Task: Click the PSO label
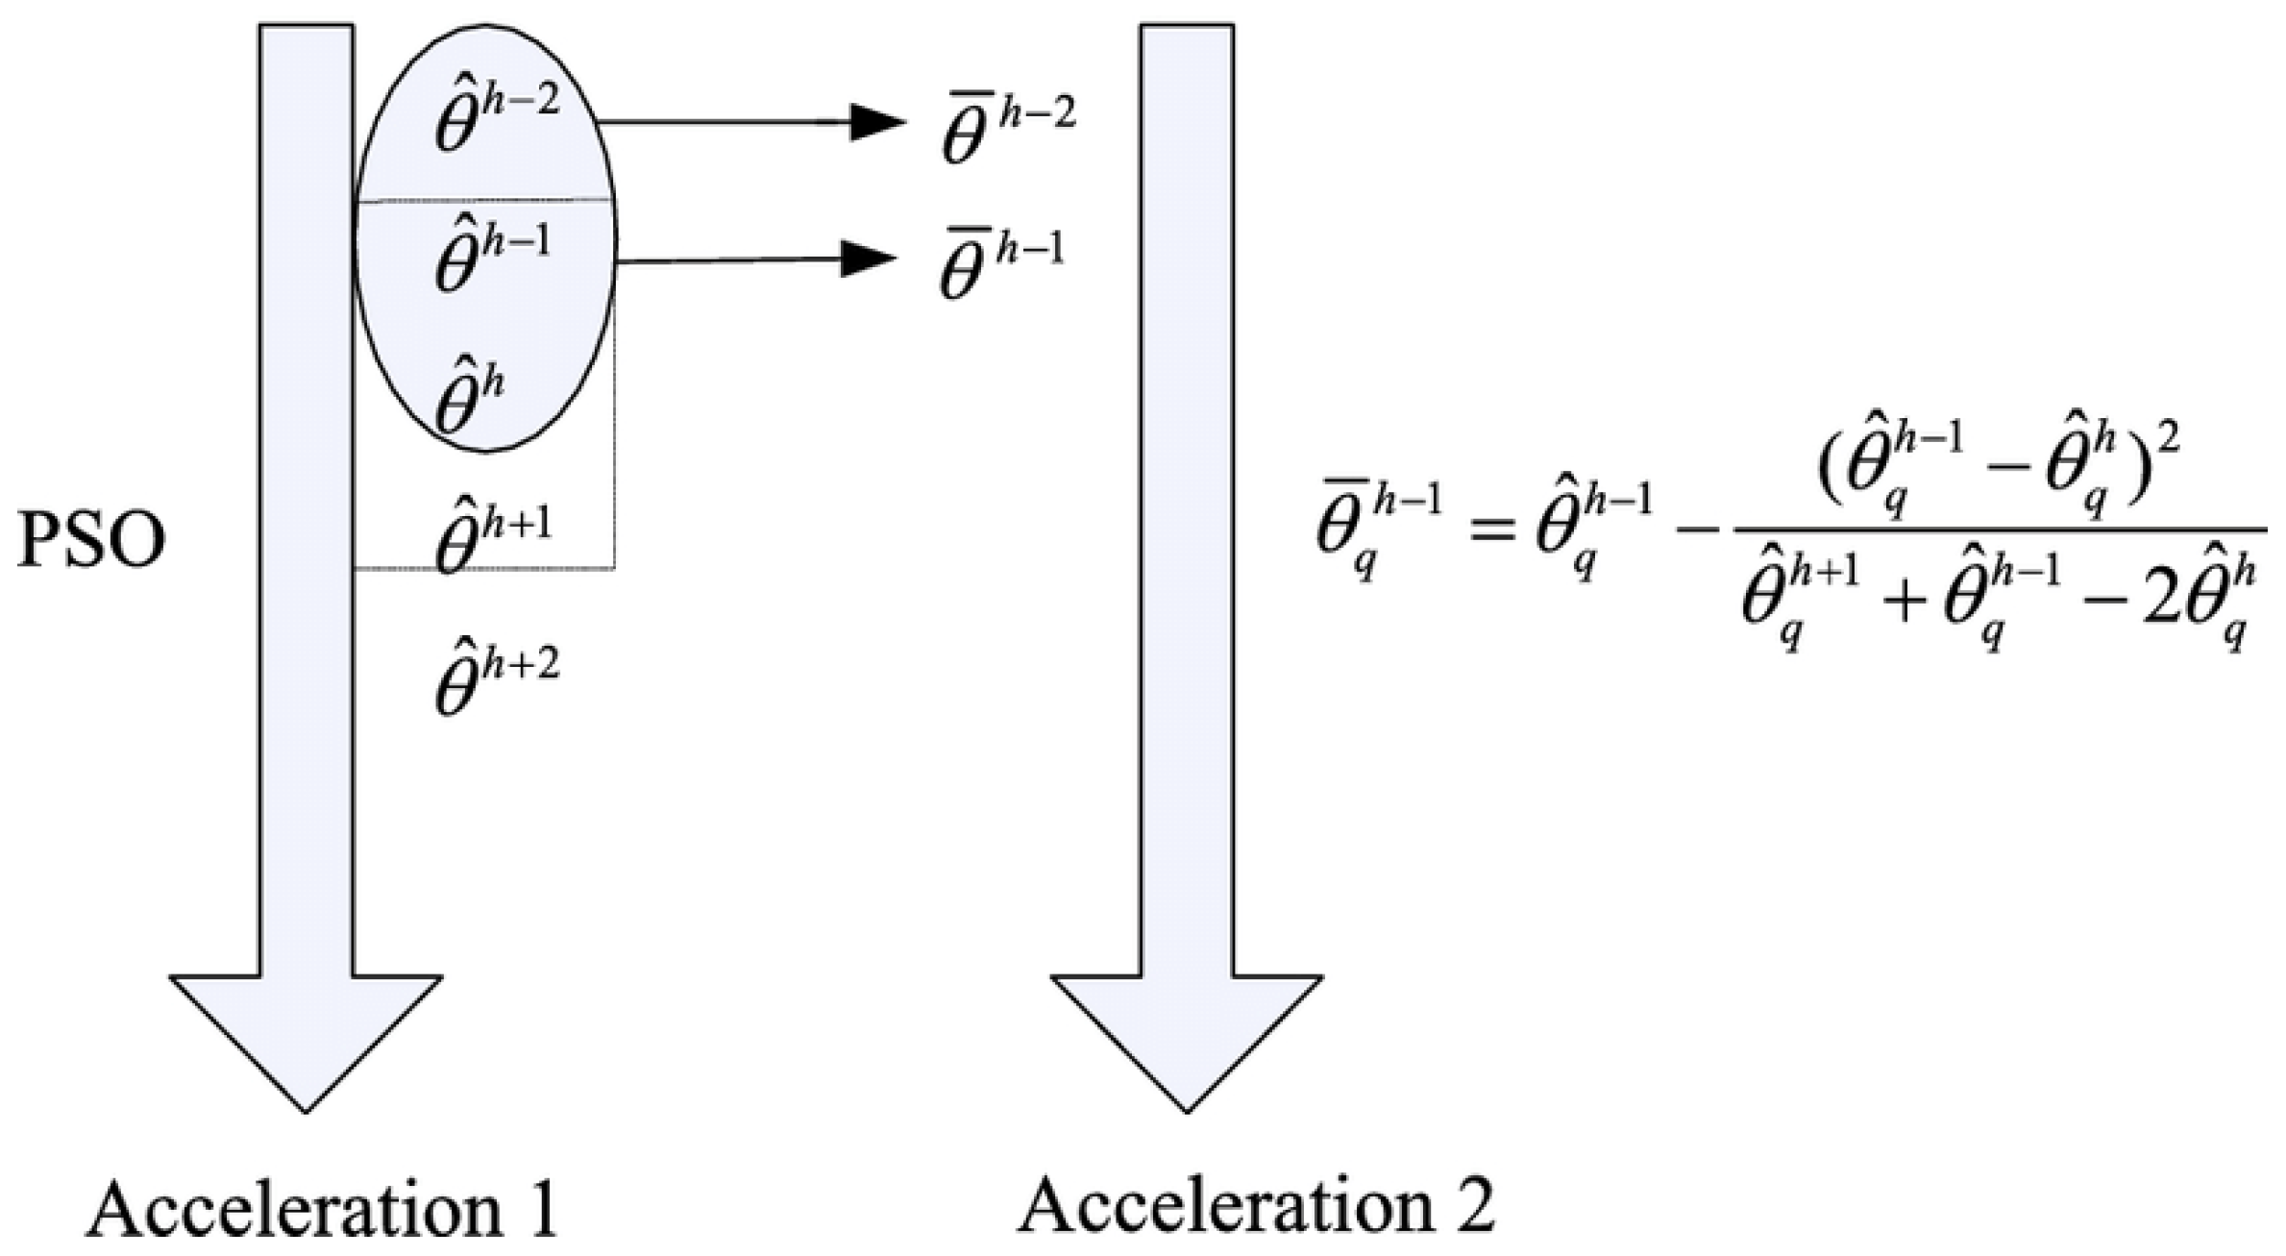91,541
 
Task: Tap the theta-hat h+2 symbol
496,677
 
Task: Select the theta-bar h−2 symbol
1008,129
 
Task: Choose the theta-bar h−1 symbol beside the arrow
1002,264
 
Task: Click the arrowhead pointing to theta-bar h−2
877,122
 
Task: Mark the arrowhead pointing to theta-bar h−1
868,259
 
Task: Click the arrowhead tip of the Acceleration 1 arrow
306,1105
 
